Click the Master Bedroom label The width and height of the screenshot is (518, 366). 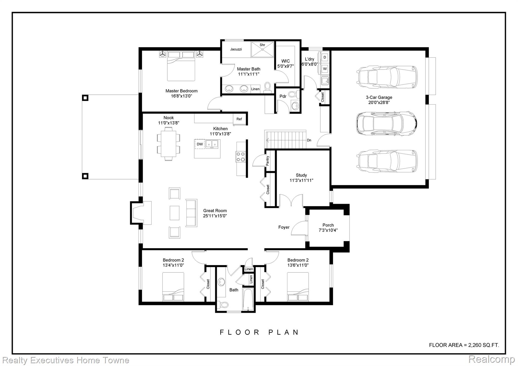(x=181, y=91)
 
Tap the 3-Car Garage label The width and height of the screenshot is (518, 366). (x=379, y=97)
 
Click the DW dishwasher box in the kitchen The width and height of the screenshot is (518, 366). (x=200, y=144)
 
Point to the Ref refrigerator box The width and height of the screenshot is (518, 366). (x=239, y=119)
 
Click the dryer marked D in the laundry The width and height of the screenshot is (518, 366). (x=325, y=57)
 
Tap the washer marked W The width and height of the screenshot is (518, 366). (x=325, y=69)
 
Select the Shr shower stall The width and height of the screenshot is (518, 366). (x=262, y=50)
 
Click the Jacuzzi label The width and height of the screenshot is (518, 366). (x=236, y=49)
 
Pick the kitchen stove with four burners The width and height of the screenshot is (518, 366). (x=241, y=156)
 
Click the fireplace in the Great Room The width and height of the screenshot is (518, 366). (x=141, y=213)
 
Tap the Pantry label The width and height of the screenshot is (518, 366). (x=268, y=161)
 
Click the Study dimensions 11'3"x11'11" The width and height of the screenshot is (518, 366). (x=301, y=181)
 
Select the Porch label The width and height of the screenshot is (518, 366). (x=328, y=225)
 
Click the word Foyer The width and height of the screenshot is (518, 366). (x=284, y=227)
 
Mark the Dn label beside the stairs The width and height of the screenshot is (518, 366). (x=309, y=140)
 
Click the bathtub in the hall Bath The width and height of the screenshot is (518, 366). (x=248, y=299)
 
